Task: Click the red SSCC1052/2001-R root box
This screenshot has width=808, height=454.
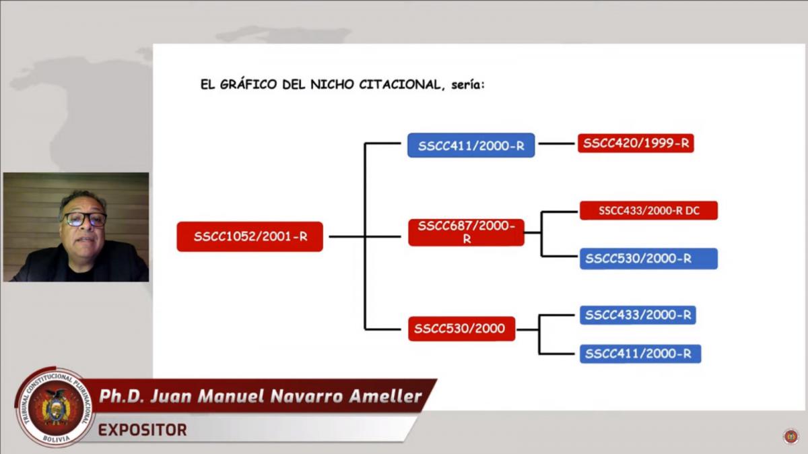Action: [250, 236]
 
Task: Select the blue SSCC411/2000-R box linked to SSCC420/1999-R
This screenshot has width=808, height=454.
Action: [471, 145]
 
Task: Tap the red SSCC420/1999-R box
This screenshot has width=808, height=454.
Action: [636, 143]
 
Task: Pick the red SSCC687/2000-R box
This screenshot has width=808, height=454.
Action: [466, 232]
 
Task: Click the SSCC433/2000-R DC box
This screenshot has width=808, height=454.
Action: [648, 210]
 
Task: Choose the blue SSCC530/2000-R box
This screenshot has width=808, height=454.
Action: [648, 259]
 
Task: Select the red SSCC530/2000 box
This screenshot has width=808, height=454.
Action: [461, 329]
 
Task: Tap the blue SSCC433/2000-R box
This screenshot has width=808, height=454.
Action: [638, 315]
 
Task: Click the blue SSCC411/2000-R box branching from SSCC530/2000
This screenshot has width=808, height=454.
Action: [640, 354]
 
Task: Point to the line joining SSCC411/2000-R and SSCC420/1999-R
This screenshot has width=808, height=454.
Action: [556, 143]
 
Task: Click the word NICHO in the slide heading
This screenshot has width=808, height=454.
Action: [332, 84]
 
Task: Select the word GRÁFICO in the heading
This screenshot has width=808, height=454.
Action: [248, 84]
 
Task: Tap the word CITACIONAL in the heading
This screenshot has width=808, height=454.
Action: [400, 84]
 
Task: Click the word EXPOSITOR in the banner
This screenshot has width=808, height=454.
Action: [143, 430]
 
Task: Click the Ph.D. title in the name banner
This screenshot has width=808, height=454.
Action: [122, 396]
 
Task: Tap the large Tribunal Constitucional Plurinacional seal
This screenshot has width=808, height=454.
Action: [55, 407]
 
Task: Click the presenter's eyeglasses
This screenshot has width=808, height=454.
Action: [85, 219]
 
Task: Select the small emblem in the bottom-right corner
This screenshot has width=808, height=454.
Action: [791, 436]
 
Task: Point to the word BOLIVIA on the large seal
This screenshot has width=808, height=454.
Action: [57, 439]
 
